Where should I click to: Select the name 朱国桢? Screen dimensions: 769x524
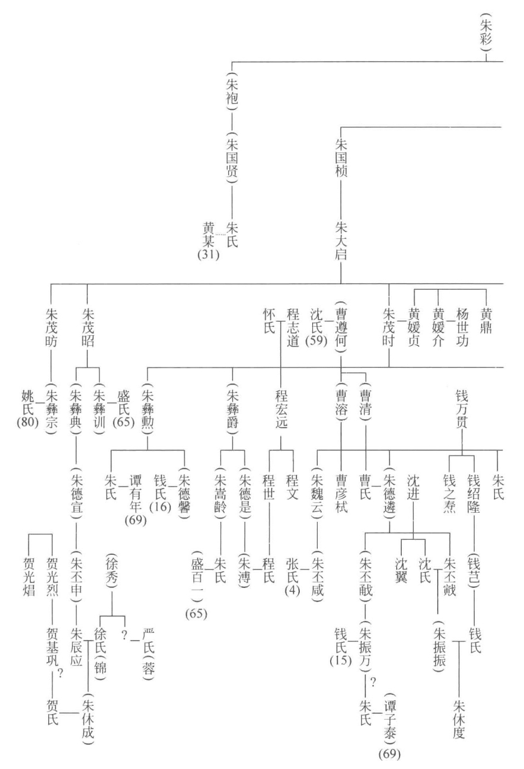point(341,157)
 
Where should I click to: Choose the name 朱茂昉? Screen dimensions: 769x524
point(51,327)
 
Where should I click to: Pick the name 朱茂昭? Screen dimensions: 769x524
point(88,327)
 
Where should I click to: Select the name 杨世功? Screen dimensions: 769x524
point(462,327)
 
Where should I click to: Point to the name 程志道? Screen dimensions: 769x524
point(292,327)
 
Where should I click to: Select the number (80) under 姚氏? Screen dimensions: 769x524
point(27,422)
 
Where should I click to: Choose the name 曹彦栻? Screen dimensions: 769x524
point(341,494)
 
